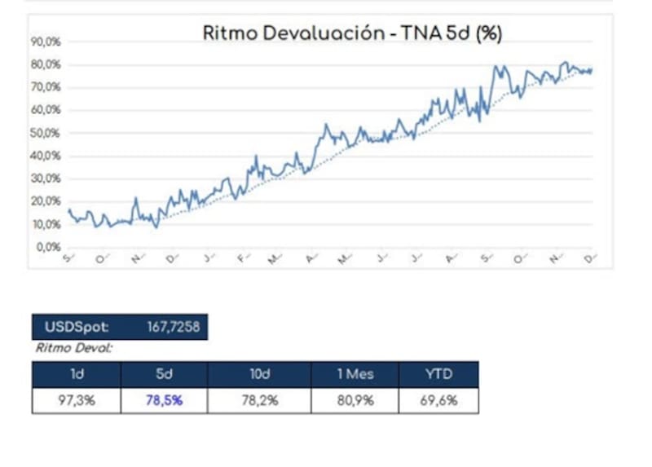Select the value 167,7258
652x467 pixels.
(x=173, y=328)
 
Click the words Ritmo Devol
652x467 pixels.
(x=74, y=347)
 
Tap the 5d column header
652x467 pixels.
(x=164, y=375)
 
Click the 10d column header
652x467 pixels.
(x=258, y=375)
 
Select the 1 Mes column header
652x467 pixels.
(x=355, y=375)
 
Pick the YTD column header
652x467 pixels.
(x=438, y=375)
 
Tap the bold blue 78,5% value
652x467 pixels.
(x=164, y=400)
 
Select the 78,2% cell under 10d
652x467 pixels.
(x=258, y=400)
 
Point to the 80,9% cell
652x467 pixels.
(x=355, y=400)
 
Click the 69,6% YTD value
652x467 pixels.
(x=438, y=400)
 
